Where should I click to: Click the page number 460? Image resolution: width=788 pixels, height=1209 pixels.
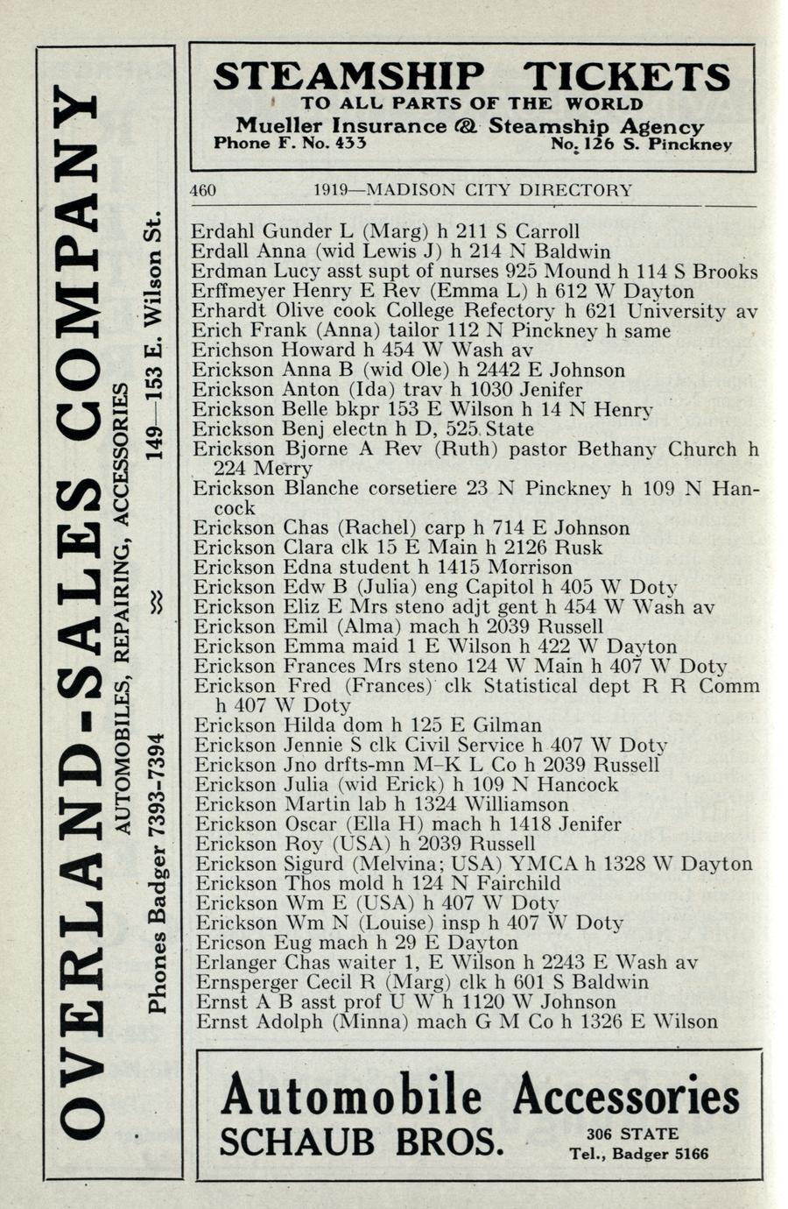pyautogui.click(x=203, y=190)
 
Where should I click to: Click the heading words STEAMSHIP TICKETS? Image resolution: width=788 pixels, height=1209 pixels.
pyautogui.click(x=471, y=77)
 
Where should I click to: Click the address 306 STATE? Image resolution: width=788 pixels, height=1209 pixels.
pyautogui.click(x=633, y=1134)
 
